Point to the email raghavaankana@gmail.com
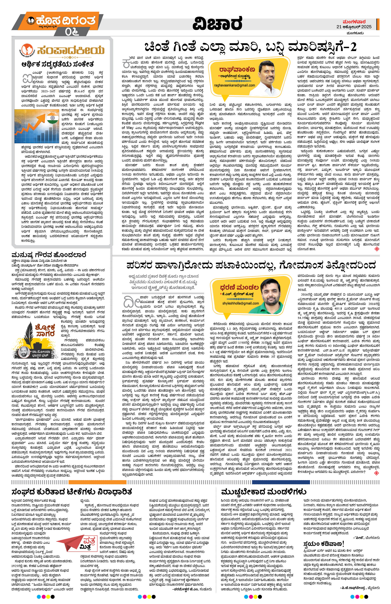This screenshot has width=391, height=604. (235, 85)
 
